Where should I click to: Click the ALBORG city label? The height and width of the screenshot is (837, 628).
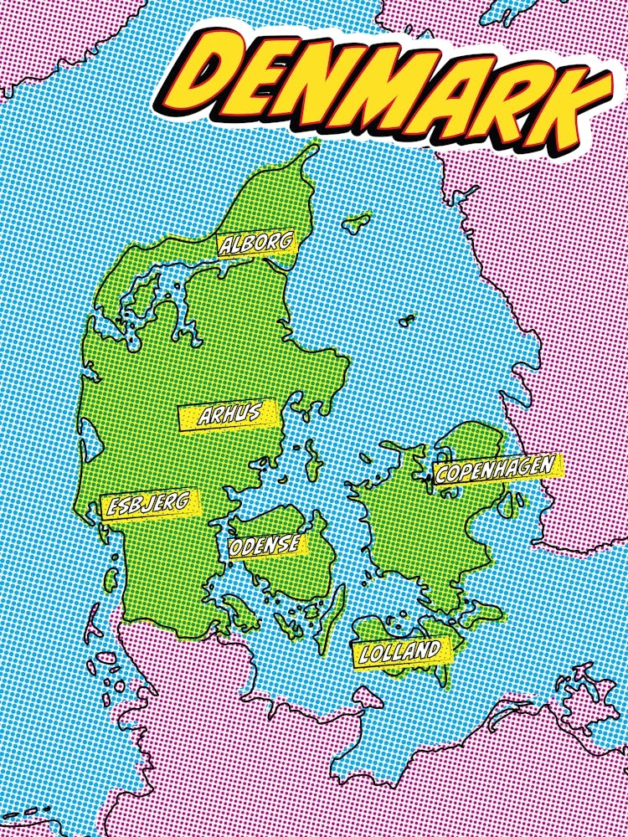[x=257, y=244]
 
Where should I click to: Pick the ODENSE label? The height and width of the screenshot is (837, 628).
[x=267, y=545]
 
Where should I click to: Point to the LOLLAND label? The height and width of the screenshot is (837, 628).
[x=399, y=651]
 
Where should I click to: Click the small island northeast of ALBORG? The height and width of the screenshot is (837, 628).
[x=358, y=223]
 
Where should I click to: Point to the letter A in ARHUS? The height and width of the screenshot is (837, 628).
[x=206, y=418]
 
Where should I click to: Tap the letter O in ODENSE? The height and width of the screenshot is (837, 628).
[x=237, y=548]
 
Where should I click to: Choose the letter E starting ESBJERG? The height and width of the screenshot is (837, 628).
[x=109, y=507]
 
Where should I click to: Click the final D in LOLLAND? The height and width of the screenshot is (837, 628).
[x=433, y=649]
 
